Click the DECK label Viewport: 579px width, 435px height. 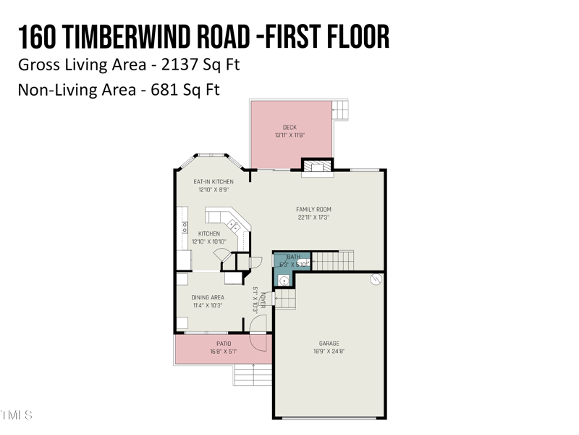tap(289, 128)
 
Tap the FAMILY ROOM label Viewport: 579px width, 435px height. tap(313, 210)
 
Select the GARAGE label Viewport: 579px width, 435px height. tap(329, 343)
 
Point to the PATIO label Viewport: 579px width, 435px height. tap(224, 344)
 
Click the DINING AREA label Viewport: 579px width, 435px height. tap(208, 297)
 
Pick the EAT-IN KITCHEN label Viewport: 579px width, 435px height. tap(213, 181)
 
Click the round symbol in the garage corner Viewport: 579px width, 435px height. tap(375, 278)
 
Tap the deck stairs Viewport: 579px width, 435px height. tap(341, 110)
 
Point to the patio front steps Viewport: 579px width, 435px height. tap(253, 376)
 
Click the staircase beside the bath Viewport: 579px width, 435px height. tap(334, 260)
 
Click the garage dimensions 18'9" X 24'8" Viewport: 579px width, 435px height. tap(329, 352)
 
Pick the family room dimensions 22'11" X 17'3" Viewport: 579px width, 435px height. tap(313, 217)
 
